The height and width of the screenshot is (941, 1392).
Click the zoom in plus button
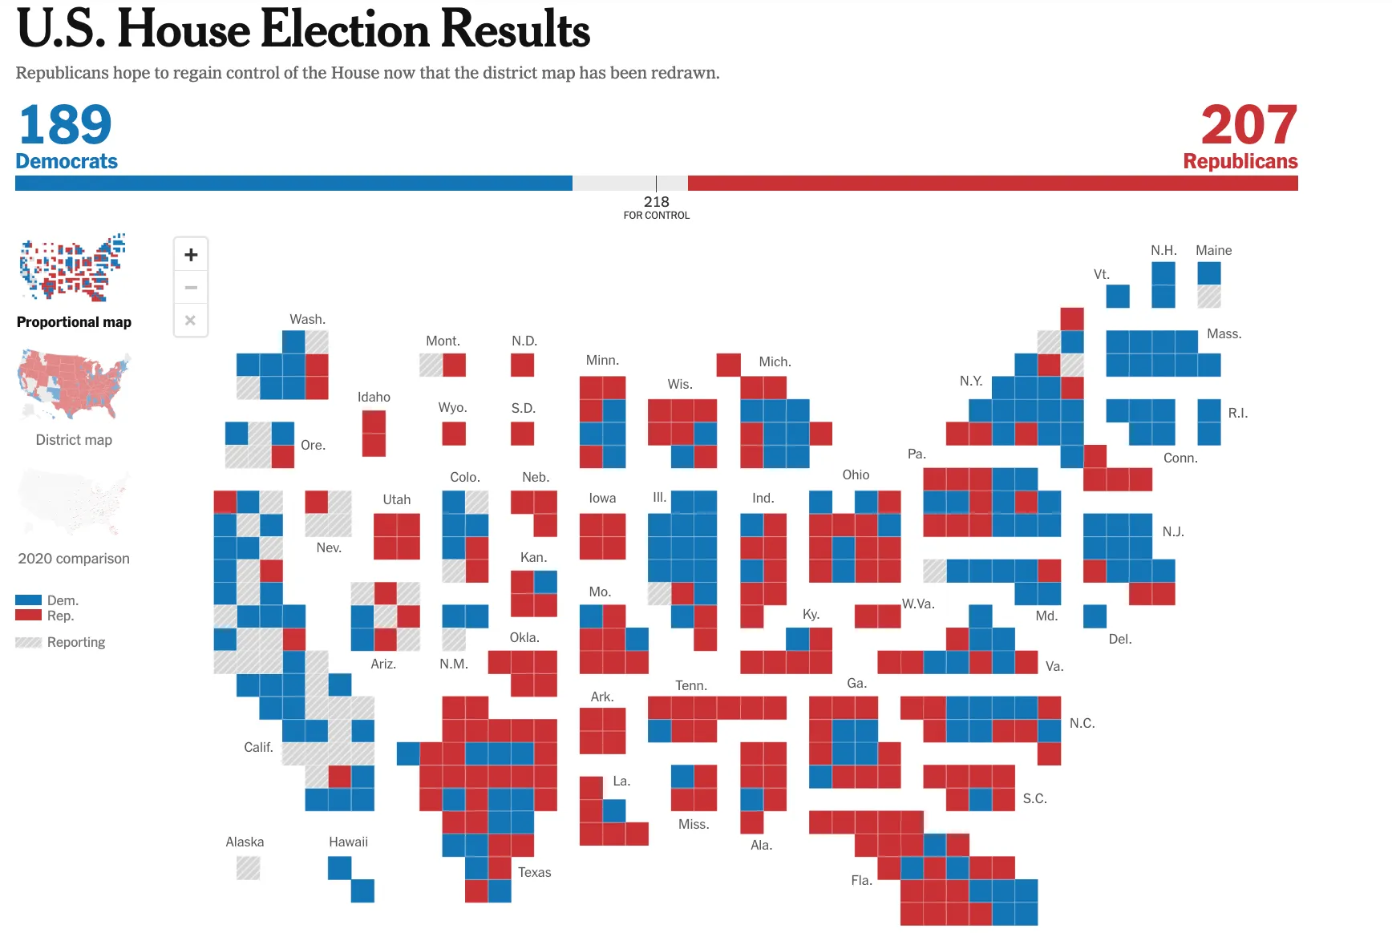click(x=191, y=255)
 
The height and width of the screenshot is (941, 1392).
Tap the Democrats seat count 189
click(x=65, y=125)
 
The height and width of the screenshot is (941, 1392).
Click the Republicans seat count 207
click(x=1248, y=125)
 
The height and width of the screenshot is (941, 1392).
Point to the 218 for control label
click(x=656, y=207)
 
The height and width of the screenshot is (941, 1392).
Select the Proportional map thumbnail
click(x=73, y=269)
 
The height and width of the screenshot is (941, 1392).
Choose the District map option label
click(x=74, y=440)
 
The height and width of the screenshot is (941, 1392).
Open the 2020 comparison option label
click(x=74, y=559)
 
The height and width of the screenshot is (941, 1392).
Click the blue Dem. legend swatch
click(x=28, y=600)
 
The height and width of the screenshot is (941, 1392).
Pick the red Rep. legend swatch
click(x=28, y=616)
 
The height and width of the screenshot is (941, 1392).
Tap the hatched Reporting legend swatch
click(x=28, y=643)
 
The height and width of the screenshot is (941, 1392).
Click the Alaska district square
click(x=248, y=868)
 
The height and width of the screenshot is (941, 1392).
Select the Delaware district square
click(x=1095, y=616)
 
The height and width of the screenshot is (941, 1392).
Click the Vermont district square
click(x=1117, y=297)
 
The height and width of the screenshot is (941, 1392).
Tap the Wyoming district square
click(x=454, y=434)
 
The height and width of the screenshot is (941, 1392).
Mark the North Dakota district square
click(x=523, y=365)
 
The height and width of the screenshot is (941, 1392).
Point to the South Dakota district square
click(x=523, y=434)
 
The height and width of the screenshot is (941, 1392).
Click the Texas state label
click(x=534, y=873)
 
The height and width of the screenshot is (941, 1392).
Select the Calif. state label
click(x=258, y=748)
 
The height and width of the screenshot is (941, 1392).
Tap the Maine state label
click(x=1213, y=251)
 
